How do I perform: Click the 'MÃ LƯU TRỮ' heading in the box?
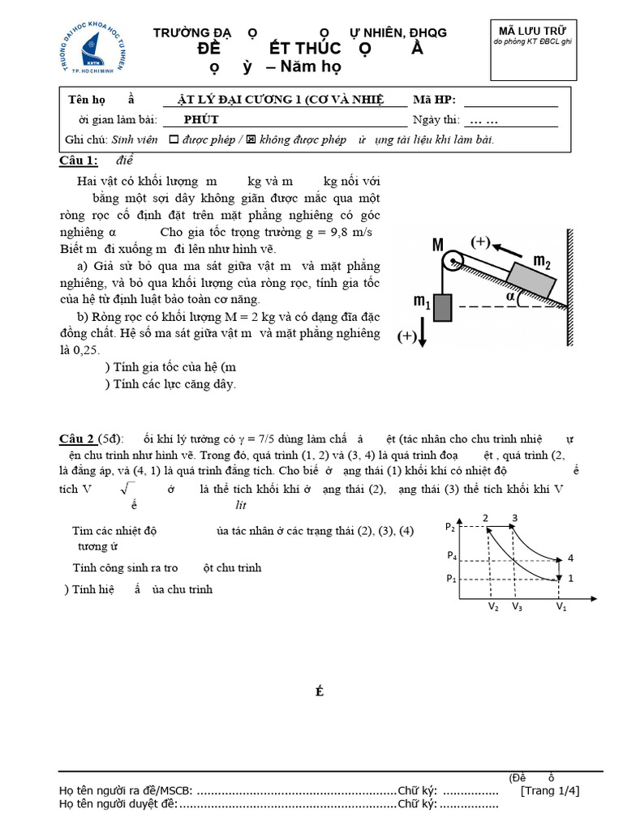[534, 31]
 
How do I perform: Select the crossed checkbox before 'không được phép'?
[251, 139]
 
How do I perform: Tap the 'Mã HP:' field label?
[435, 100]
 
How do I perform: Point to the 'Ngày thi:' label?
[436, 120]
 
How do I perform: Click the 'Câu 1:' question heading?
[79, 160]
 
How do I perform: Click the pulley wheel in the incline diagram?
[452, 260]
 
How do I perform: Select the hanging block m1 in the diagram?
[441, 308]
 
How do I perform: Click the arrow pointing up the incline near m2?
[509, 247]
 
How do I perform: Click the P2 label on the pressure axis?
[450, 526]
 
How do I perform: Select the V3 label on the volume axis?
[517, 606]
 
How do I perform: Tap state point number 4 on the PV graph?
[570, 558]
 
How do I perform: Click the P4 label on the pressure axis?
[450, 556]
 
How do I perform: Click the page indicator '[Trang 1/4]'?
[550, 790]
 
